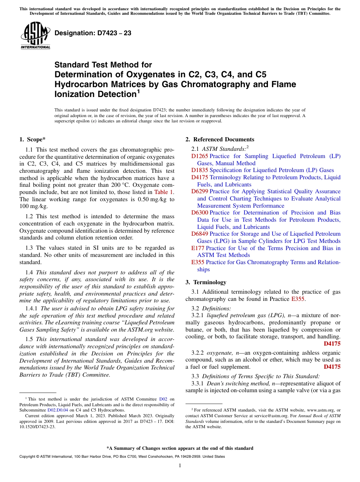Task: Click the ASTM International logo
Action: pos(35,36)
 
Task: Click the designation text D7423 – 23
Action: pos(93,33)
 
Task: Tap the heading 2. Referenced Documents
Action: pos(219,139)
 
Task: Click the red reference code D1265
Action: pos(199,156)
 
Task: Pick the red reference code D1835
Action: pos(199,170)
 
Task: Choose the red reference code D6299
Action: pos(199,191)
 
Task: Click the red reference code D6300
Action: pos(199,213)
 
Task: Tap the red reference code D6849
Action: pos(199,234)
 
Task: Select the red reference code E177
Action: pos(198,248)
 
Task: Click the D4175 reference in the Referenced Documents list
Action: pos(199,177)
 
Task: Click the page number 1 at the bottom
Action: pos(180,466)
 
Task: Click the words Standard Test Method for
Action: pos(103,65)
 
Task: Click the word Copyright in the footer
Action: pos(30,457)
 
